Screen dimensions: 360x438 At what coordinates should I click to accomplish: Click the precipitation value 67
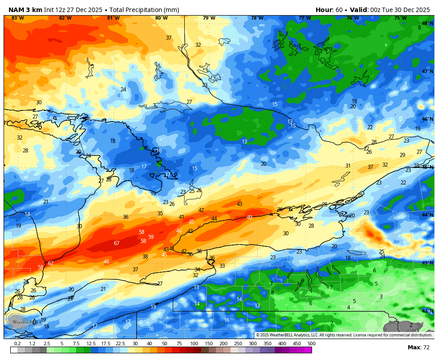117,243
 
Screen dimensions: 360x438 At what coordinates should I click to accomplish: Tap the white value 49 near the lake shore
249,217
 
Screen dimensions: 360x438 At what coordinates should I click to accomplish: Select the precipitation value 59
151,237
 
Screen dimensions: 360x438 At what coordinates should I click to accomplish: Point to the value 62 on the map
51,263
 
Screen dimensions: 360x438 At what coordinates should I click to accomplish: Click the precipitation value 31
348,166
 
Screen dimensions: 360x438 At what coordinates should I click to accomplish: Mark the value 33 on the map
222,266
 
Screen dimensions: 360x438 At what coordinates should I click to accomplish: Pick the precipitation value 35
160,213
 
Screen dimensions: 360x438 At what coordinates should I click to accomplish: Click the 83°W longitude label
17,18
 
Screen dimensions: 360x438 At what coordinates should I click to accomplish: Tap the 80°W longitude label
161,18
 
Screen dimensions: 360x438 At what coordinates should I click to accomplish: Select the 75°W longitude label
400,18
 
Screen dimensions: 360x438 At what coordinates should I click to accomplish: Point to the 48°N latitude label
427,24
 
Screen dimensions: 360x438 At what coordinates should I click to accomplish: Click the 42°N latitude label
427,311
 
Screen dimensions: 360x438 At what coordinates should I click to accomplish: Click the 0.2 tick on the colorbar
17,344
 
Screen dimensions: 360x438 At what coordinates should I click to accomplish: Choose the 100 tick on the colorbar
194,344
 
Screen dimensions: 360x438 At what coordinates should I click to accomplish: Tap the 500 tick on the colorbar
311,344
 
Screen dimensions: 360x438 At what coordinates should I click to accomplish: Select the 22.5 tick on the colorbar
120,344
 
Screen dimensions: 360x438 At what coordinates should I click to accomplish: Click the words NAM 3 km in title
25,10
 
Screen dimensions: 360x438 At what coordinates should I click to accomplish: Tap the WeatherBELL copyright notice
344,335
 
